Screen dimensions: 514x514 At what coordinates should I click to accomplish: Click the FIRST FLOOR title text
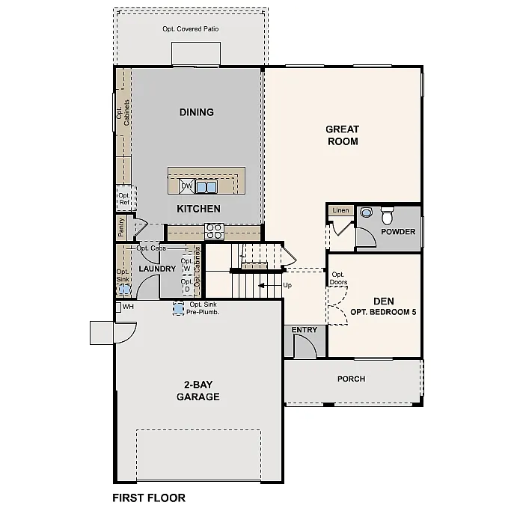point(149,498)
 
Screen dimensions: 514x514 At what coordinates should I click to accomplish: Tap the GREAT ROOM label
point(342,135)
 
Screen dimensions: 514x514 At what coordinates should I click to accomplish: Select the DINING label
point(197,112)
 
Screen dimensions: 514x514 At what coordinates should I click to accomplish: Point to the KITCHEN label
point(198,209)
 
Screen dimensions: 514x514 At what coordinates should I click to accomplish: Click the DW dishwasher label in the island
point(186,186)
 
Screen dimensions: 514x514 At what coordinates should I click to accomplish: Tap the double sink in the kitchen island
point(206,186)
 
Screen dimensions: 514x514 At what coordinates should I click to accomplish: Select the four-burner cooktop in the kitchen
point(214,231)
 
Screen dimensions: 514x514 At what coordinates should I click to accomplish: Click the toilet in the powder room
point(387,216)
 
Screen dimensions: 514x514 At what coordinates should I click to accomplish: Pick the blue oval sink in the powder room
point(366,213)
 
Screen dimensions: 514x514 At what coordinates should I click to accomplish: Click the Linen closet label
point(340,211)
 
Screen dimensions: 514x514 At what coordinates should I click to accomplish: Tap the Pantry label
point(121,225)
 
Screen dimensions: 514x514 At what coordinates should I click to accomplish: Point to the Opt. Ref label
point(123,198)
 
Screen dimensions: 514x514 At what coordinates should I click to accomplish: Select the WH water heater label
point(128,307)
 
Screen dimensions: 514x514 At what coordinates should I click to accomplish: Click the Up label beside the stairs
point(287,285)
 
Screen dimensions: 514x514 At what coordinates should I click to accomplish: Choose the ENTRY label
point(305,330)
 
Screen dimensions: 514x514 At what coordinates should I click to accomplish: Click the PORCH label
point(351,379)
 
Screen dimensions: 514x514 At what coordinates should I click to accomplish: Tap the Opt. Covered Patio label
point(191,29)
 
